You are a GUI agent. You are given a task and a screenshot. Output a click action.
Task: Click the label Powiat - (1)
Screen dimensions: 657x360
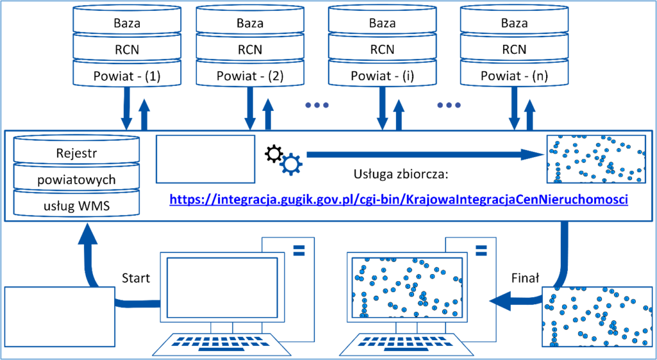coord(126,76)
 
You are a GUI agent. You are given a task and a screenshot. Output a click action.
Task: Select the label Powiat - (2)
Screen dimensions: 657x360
coord(250,76)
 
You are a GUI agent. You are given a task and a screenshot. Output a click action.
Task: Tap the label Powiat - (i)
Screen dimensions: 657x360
coord(382,76)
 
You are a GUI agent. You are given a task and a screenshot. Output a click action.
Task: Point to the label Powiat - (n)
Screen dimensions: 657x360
coord(515,76)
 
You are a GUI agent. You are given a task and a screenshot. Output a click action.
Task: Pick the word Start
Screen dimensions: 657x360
coord(136,278)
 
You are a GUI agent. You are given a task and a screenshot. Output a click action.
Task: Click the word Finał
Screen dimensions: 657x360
coord(525,278)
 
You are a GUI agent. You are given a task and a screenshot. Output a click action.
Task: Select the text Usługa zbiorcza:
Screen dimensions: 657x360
coord(402,173)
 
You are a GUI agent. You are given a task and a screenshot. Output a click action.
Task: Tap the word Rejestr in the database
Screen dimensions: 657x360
coord(76,153)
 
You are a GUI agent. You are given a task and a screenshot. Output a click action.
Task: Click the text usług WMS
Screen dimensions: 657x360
coord(76,206)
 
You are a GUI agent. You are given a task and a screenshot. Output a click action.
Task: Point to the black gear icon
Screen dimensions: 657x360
coord(274,154)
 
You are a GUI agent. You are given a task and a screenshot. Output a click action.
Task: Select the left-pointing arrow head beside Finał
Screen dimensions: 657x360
coord(501,301)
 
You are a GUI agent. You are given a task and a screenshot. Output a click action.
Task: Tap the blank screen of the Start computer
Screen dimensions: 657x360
coord(222,287)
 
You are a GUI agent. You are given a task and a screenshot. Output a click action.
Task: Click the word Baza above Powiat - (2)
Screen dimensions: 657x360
coord(250,22)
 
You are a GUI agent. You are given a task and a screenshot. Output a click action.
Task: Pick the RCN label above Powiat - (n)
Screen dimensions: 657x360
coord(515,49)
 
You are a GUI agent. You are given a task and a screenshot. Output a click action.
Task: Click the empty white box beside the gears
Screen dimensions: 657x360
coord(205,159)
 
